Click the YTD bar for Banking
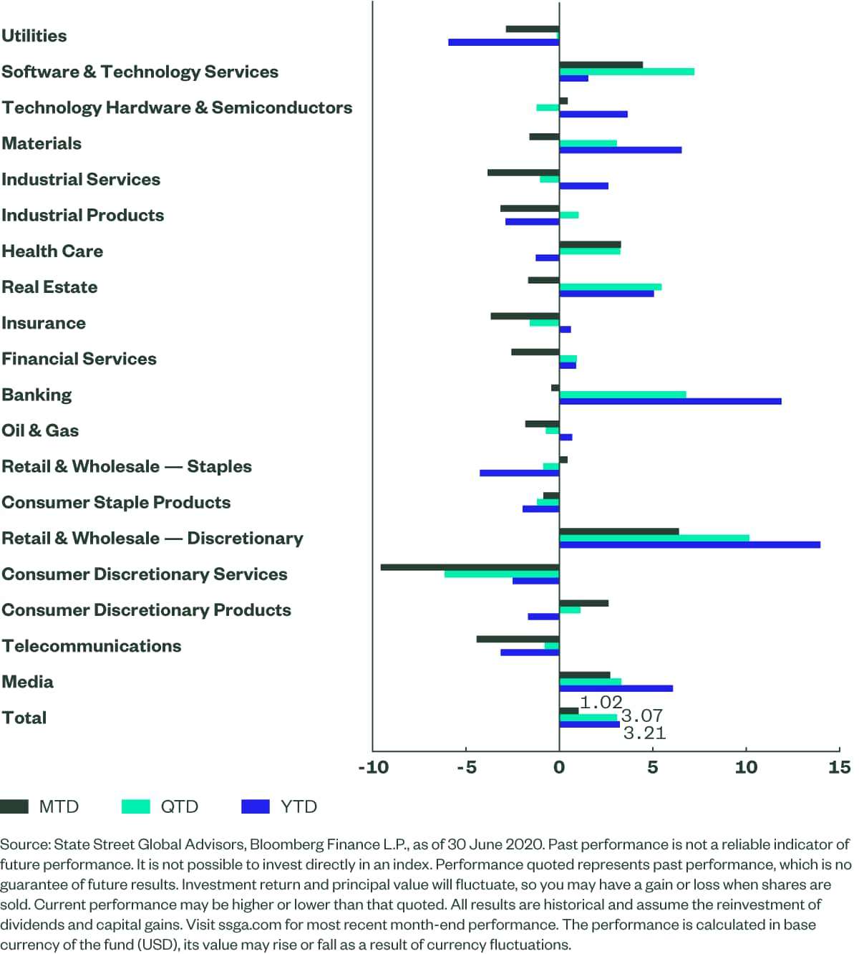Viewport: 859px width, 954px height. (x=670, y=401)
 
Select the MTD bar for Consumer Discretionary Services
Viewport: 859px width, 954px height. (x=470, y=567)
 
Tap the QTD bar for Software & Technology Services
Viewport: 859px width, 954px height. (x=626, y=72)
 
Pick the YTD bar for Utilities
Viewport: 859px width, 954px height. (x=503, y=42)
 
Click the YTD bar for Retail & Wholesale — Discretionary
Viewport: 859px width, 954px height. (x=689, y=545)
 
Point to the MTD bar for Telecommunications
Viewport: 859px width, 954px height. (x=518, y=639)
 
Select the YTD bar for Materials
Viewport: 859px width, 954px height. (x=620, y=150)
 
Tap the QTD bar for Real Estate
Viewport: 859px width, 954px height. (x=610, y=287)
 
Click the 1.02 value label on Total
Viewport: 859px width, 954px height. (x=601, y=703)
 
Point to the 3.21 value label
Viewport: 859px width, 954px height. (x=644, y=733)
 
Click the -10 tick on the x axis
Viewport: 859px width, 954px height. (x=373, y=768)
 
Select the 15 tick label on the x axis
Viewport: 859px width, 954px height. (x=839, y=768)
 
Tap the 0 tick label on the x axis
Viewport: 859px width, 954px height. (x=559, y=768)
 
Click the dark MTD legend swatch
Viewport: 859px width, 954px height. (x=14, y=806)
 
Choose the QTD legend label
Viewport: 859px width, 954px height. (x=179, y=806)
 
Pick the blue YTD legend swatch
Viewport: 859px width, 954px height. (x=256, y=806)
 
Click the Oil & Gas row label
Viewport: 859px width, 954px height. (x=40, y=430)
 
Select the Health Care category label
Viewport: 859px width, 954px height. (x=52, y=251)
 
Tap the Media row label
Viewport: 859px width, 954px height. (x=27, y=682)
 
